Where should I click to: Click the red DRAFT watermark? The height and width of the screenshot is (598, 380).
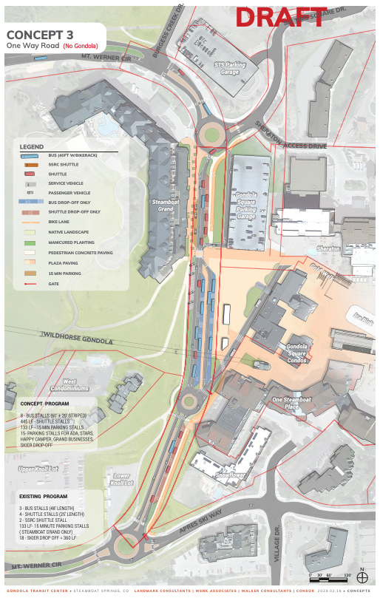(280, 18)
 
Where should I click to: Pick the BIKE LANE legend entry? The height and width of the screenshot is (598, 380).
(60, 221)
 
